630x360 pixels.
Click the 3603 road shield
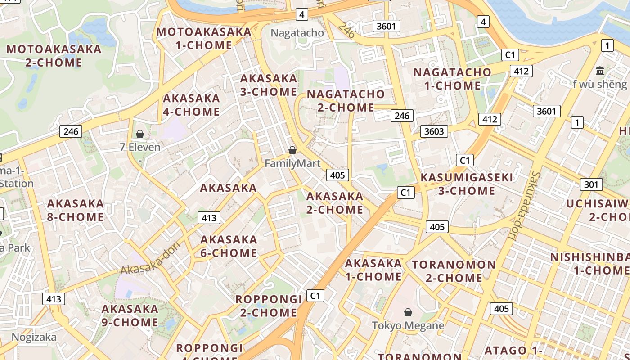coord(434,131)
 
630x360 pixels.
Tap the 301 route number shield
coord(591,184)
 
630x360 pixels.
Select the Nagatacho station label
coord(297,33)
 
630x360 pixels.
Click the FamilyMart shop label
coord(292,163)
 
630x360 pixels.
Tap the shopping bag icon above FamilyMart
coord(292,150)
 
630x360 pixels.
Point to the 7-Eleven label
coord(140,147)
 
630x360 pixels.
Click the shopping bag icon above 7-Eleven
coord(140,134)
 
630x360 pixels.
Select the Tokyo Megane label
coord(408,325)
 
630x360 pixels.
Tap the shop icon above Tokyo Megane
coord(408,312)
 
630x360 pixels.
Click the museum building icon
coord(600,71)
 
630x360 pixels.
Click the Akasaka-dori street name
coord(150,258)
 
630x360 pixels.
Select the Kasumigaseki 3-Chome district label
coord(467,184)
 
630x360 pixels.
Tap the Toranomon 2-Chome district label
coord(454,271)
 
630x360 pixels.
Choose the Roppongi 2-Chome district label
coord(269,306)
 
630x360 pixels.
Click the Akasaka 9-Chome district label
coord(130,315)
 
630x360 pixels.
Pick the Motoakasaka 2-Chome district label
coord(54,56)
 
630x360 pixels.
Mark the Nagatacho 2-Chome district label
coord(346,101)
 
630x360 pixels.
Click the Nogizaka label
coord(34,337)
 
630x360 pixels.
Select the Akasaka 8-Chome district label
coord(76,210)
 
